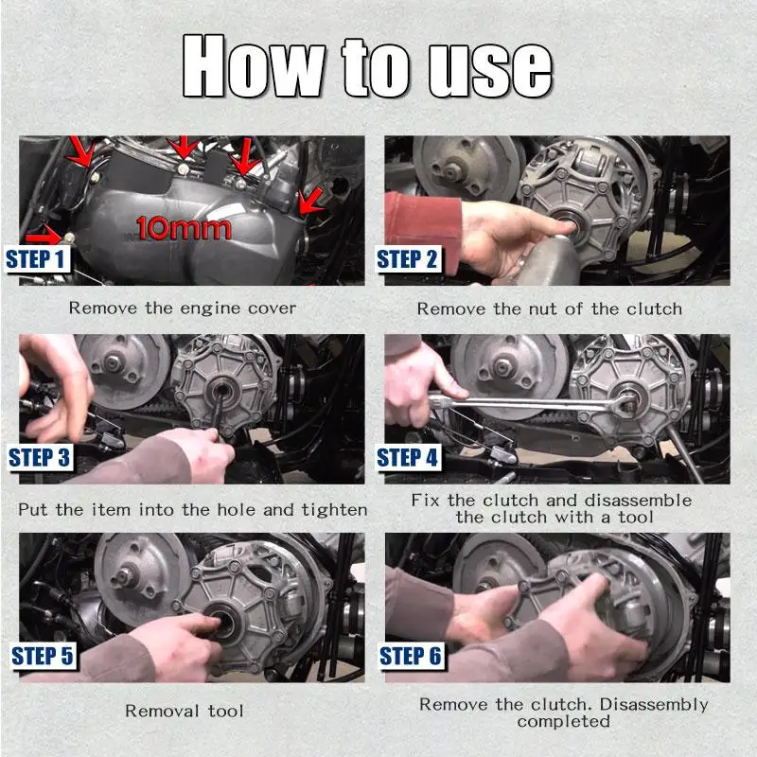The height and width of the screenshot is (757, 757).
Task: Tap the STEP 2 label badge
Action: (408, 259)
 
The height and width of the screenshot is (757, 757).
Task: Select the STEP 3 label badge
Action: (41, 458)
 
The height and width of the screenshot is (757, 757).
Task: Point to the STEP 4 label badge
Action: (408, 458)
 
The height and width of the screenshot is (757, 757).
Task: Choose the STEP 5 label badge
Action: (43, 656)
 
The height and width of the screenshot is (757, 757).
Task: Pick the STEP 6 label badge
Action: (411, 656)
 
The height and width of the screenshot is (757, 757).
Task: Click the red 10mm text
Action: (184, 228)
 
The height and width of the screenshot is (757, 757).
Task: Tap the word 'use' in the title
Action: (490, 70)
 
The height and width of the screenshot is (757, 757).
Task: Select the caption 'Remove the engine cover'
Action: (183, 308)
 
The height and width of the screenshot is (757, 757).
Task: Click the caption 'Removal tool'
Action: (184, 711)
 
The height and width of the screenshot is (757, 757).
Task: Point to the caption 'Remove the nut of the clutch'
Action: (550, 308)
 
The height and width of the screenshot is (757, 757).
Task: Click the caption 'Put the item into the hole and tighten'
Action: (193, 510)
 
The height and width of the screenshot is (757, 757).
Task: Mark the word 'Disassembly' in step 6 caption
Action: (654, 704)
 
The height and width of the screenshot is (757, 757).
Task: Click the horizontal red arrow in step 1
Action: (44, 235)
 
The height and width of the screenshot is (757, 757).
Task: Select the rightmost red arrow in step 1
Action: (310, 202)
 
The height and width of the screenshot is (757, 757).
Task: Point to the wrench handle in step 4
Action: (521, 403)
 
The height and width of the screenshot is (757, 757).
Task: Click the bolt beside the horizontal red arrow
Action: (69, 238)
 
